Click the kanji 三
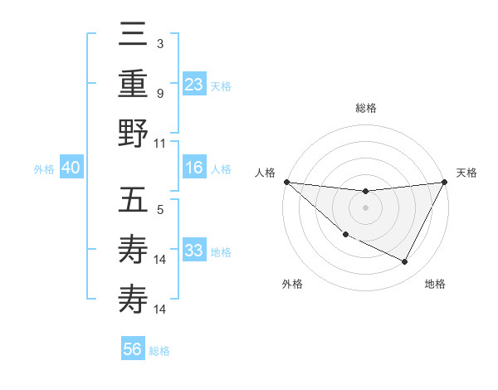[x=133, y=35]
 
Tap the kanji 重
[x=133, y=83]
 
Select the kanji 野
[x=133, y=133]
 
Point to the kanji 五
[x=133, y=200]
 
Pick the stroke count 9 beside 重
[x=160, y=93]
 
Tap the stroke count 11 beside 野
[x=160, y=143]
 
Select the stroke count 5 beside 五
[x=160, y=210]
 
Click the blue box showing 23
[x=193, y=84]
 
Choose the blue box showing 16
[x=193, y=168]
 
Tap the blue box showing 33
[x=193, y=251]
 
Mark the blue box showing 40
[x=71, y=168]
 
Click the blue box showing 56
[x=132, y=349]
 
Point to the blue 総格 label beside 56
[x=159, y=351]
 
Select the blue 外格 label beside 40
[x=44, y=169]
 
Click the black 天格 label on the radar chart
[x=467, y=173]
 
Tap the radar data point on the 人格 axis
[x=286, y=182]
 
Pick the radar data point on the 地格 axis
[x=405, y=262]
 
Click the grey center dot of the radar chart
[x=365, y=207]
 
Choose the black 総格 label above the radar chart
[x=365, y=108]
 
